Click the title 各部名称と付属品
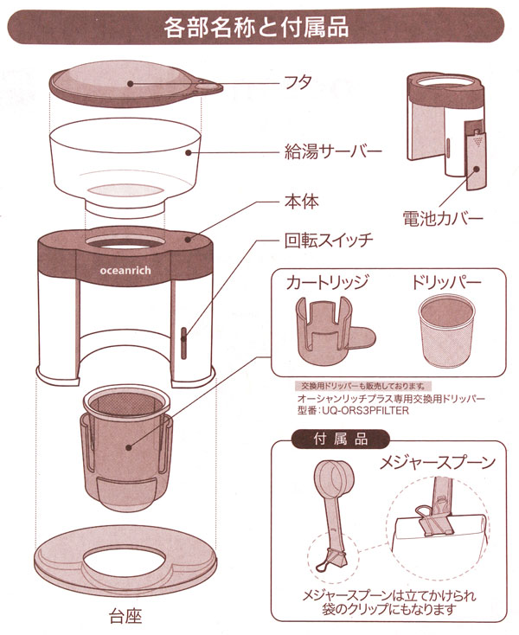[x=256, y=27]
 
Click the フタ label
[x=298, y=82]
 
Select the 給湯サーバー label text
[x=333, y=152]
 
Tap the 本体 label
[x=302, y=202]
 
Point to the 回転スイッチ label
[x=329, y=241]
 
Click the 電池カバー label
[x=443, y=219]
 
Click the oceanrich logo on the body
[x=125, y=271]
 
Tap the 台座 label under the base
[x=125, y=617]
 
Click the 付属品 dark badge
[x=341, y=439]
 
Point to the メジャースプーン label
[x=437, y=463]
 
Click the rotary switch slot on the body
[x=183, y=343]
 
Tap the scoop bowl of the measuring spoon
[x=333, y=477]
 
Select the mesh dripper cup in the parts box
[x=445, y=331]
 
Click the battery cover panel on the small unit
[x=476, y=156]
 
